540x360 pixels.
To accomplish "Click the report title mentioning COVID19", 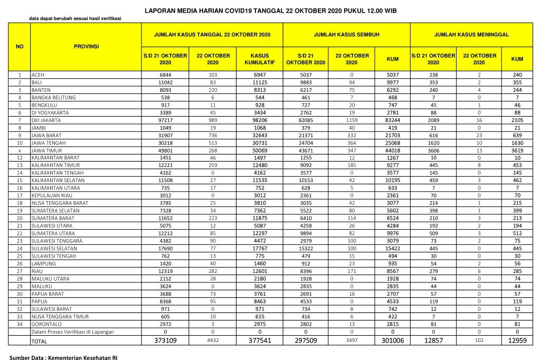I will (270, 11).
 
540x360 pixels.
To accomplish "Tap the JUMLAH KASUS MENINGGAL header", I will (471, 34).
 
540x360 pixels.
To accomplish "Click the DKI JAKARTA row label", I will (47, 120).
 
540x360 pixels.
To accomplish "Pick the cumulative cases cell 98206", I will (259, 120).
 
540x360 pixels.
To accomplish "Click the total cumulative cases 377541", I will (259, 341).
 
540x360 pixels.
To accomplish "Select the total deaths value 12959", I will (517, 341).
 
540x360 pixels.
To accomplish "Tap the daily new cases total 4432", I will (213, 341).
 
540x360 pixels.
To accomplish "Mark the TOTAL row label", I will (39, 342).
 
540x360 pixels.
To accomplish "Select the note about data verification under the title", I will (74, 18).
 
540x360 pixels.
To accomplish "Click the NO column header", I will (20, 46).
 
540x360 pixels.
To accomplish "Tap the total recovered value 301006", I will (392, 341).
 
